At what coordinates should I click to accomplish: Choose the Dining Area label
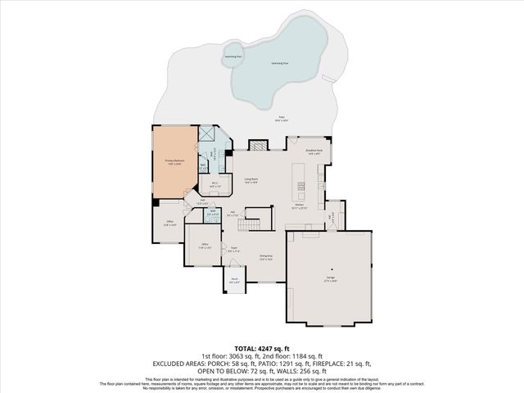coord(265,258)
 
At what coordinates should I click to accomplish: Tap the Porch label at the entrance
coord(233,280)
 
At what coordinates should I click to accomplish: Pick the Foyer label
coord(233,250)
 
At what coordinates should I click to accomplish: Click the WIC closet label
coord(214,185)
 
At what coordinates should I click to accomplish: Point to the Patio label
coord(281,119)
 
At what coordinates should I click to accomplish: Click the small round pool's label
coord(233,56)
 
